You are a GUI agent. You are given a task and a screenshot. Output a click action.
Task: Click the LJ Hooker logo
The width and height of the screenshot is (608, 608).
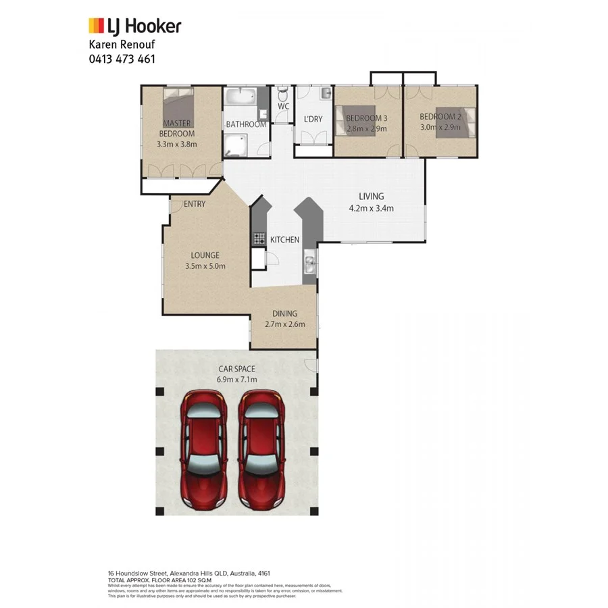tap(135, 26)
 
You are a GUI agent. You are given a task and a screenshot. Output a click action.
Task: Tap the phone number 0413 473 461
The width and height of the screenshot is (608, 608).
tap(122, 59)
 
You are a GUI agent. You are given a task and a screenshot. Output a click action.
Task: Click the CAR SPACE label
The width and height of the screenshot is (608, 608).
tap(236, 369)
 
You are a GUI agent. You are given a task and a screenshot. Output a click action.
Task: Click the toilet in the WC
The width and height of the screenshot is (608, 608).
tap(282, 93)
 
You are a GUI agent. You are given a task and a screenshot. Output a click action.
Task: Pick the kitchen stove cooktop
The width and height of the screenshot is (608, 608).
tap(259, 238)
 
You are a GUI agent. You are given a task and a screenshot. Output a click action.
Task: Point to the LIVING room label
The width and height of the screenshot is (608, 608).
tap(371, 197)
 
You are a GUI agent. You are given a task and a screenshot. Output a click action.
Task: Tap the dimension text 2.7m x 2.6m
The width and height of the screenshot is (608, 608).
tap(284, 324)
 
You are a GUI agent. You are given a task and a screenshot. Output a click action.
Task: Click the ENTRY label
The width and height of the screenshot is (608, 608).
tap(195, 204)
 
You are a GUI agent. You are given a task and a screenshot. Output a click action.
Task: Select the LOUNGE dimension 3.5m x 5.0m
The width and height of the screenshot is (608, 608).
tap(205, 266)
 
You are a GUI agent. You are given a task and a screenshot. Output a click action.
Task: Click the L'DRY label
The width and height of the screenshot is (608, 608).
tap(313, 119)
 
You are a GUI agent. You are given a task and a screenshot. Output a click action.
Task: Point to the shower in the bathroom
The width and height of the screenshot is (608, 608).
tap(236, 143)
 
